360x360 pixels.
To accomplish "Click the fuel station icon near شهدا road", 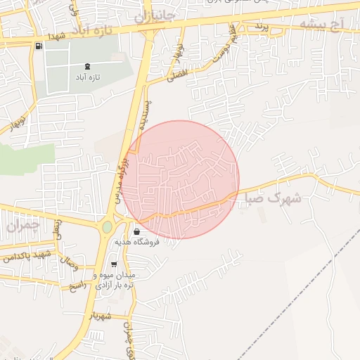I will pos(38,46).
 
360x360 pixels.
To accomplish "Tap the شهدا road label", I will pos(57,36).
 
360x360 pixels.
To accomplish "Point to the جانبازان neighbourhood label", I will pos(157,15).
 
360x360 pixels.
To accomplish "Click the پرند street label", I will pos(261,27).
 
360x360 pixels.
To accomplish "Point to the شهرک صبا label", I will pos(273,199).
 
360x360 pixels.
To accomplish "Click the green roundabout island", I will pos(107,227).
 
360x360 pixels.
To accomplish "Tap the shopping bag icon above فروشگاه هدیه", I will pos(136,231).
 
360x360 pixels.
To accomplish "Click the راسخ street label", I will pos(75,287).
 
